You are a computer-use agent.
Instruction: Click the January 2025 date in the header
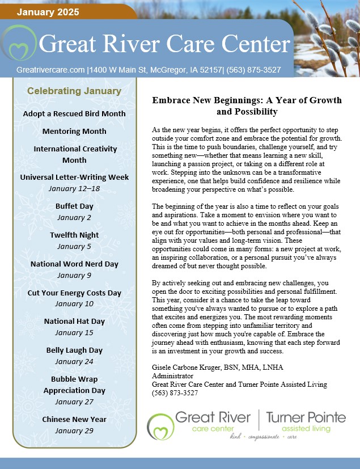point(48,11)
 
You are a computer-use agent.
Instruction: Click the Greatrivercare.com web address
point(50,70)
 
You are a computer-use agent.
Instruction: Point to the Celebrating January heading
point(74,91)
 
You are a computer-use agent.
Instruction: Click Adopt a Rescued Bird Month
point(74,113)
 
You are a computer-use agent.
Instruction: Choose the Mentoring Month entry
point(74,131)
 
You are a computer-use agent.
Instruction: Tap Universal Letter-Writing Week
point(74,178)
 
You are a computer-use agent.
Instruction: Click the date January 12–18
point(74,188)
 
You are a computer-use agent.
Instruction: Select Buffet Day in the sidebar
point(74,206)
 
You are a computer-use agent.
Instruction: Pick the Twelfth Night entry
point(74,235)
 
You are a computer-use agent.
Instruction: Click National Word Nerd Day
point(74,264)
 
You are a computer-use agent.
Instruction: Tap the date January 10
point(74,303)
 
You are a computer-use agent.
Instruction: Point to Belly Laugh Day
point(74,350)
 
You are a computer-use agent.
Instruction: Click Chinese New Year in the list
point(74,419)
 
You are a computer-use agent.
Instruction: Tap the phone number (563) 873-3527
point(175,392)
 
